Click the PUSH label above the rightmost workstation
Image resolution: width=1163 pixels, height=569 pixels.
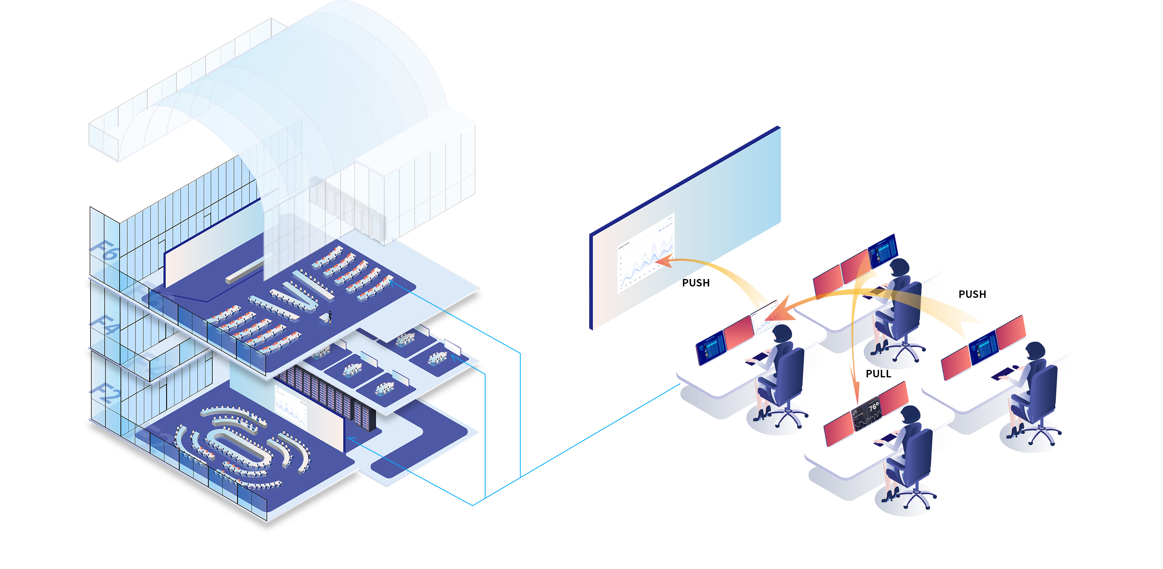(972, 294)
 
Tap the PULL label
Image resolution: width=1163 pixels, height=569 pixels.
(878, 373)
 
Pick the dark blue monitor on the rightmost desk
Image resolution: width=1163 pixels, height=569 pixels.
(983, 347)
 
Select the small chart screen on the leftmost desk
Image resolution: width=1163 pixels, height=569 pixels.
(763, 318)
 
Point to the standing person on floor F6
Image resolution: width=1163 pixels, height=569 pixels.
(330, 317)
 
